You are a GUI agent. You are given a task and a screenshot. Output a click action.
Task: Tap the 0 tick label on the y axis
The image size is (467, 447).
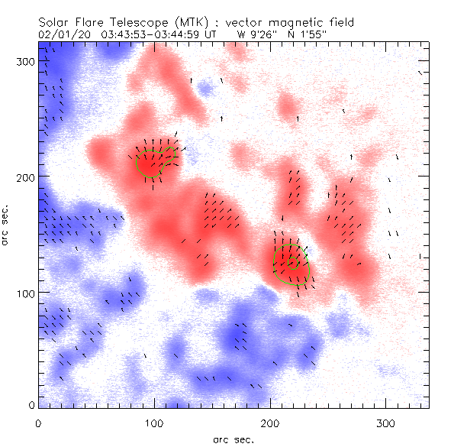tap(31, 403)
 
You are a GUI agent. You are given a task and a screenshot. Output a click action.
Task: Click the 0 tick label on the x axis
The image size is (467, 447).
tap(38, 423)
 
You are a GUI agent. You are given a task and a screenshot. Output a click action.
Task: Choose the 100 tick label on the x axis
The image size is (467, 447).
tap(154, 423)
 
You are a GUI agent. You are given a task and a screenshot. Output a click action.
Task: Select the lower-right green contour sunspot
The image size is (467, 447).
tap(291, 264)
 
